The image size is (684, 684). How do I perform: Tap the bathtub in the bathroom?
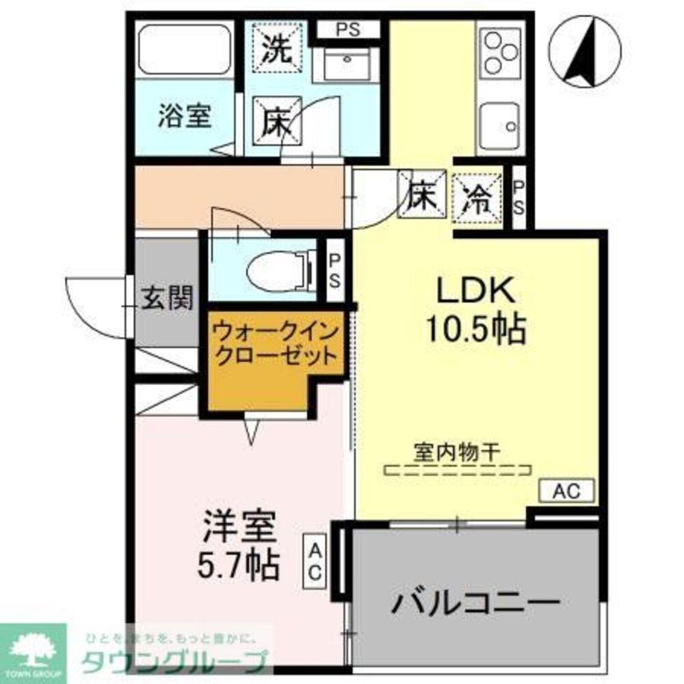[185, 52]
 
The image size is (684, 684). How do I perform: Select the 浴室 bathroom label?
[183, 116]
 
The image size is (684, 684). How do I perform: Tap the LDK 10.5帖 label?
[477, 311]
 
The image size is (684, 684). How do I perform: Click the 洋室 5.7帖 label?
[240, 547]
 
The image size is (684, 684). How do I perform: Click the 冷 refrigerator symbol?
[477, 198]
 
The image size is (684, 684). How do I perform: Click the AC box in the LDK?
[566, 490]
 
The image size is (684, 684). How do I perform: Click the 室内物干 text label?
[458, 452]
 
